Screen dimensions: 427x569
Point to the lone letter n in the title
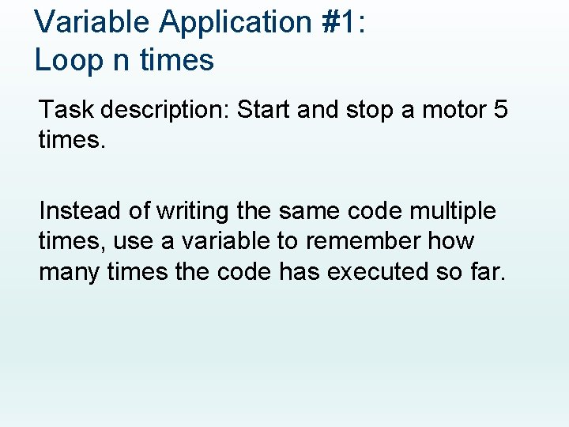(x=121, y=61)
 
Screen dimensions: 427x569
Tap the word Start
(x=264, y=109)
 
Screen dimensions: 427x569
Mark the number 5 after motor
(x=499, y=109)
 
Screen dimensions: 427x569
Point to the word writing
(x=191, y=212)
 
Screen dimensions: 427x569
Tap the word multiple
(x=454, y=212)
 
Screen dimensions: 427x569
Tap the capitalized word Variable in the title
(x=92, y=22)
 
